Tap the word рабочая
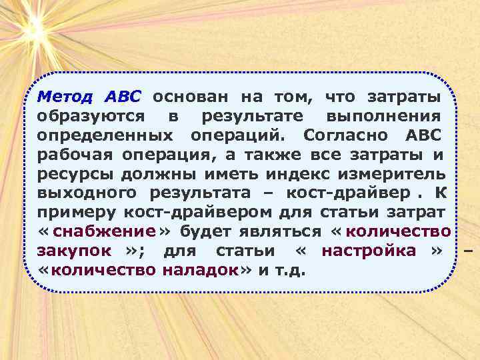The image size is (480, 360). coord(76,155)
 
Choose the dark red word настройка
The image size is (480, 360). coord(369,252)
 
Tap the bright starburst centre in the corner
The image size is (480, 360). coord(35,28)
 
